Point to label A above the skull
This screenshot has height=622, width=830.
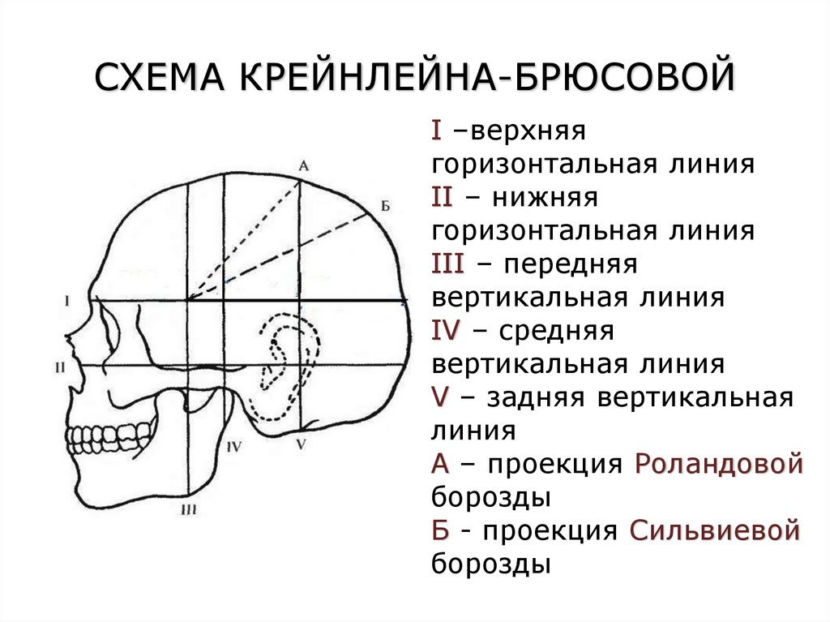pyautogui.click(x=303, y=165)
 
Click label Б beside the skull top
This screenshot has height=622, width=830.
pyautogui.click(x=385, y=208)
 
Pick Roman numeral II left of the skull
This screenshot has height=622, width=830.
pyautogui.click(x=60, y=367)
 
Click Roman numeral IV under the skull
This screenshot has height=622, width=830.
pyautogui.click(x=234, y=445)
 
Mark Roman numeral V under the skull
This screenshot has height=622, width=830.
pyautogui.click(x=301, y=444)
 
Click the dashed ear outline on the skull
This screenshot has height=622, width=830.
pyautogui.click(x=280, y=357)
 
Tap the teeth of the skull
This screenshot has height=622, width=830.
pyautogui.click(x=109, y=438)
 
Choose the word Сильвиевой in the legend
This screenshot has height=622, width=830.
pyautogui.click(x=715, y=531)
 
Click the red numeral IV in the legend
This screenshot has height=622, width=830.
pyautogui.click(x=447, y=331)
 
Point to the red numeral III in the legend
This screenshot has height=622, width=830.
pyautogui.click(x=448, y=264)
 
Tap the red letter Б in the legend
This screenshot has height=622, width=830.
pyautogui.click(x=440, y=531)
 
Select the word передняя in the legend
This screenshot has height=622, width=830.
pyautogui.click(x=567, y=265)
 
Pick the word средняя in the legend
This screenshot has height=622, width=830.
pyautogui.click(x=554, y=332)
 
